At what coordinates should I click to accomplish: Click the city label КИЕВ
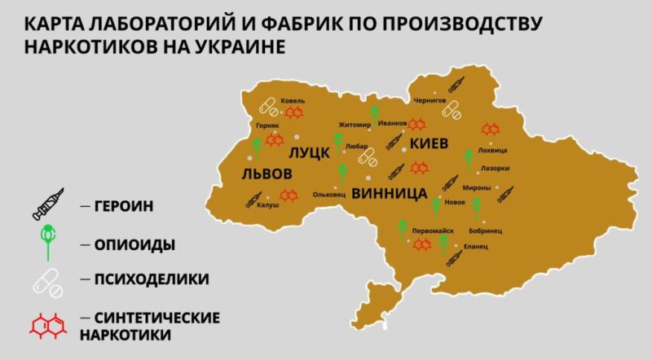coord(429,143)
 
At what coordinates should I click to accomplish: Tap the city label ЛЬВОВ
coord(267,174)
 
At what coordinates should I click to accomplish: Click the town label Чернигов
coord(430,100)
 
